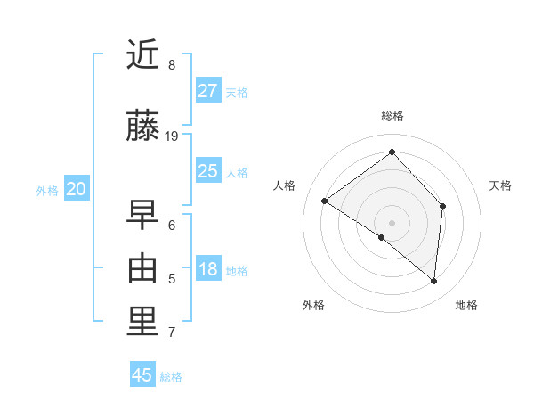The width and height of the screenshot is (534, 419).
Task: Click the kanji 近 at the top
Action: click(143, 55)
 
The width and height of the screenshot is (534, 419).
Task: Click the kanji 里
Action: click(143, 322)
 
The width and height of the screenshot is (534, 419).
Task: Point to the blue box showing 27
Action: click(208, 91)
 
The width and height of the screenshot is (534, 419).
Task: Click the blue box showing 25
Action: click(208, 171)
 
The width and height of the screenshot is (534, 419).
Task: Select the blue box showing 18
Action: click(208, 269)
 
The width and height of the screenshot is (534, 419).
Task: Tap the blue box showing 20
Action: click(77, 189)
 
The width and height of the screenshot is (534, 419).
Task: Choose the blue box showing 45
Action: click(142, 375)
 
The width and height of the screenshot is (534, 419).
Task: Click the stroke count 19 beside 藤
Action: click(172, 136)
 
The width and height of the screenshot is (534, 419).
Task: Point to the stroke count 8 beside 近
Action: click(171, 65)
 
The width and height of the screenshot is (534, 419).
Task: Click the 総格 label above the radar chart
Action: click(392, 116)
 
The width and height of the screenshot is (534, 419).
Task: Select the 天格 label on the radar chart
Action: click(500, 185)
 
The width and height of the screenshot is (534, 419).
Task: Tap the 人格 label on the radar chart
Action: click(285, 185)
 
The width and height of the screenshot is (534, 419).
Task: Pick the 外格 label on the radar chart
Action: click(313, 305)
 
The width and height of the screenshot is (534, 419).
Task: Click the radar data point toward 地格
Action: click(434, 282)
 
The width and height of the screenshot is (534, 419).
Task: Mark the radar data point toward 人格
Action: click(325, 201)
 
